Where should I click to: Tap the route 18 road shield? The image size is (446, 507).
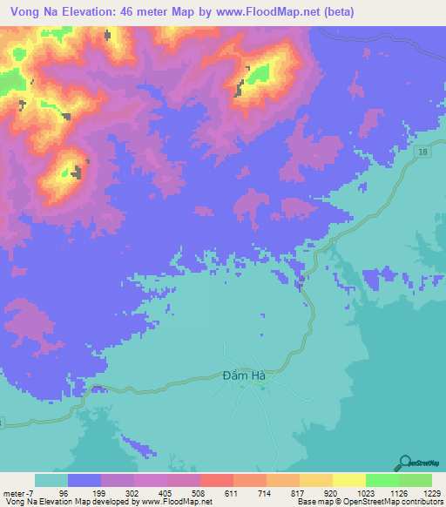point(422,152)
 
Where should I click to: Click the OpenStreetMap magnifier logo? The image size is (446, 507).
point(404,463)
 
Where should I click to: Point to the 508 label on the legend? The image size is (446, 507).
point(199,493)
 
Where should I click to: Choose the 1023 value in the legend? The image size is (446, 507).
point(365,493)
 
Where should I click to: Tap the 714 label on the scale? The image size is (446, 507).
point(266,493)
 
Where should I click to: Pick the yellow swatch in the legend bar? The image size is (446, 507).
point(348,480)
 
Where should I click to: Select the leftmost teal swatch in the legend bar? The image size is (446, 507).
point(51,480)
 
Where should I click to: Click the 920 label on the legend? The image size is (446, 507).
point(332,493)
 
